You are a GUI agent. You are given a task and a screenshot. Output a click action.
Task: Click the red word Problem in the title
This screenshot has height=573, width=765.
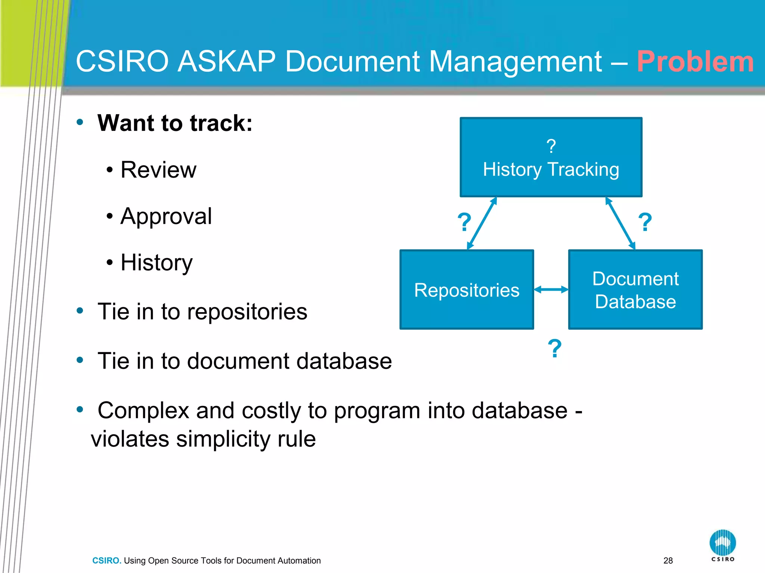pos(695,62)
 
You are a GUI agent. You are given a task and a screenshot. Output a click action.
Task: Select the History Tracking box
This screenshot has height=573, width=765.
pos(551,157)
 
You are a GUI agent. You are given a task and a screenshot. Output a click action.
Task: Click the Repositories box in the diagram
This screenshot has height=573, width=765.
pos(467,290)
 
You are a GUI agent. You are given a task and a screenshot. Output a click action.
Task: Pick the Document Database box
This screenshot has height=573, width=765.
pos(635,290)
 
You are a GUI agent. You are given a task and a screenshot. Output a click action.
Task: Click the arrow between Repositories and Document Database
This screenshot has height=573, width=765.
pos(551,289)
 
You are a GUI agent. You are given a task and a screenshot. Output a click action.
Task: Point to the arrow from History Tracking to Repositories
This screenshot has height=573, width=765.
pos(482,223)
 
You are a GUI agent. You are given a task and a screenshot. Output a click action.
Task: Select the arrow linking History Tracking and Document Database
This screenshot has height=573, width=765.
pos(620,223)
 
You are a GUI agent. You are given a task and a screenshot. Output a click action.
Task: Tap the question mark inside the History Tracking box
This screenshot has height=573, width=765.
pos(551,146)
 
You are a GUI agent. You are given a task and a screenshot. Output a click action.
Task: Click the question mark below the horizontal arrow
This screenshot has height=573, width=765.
pos(555,349)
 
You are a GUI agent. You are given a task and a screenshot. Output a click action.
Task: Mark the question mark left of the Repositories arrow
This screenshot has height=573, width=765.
pos(464,222)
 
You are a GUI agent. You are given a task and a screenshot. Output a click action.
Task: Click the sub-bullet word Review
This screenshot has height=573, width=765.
pos(158,170)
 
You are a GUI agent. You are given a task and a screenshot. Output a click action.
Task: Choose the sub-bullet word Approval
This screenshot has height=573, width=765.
pos(166,216)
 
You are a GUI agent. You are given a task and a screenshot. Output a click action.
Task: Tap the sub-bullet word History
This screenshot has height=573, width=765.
pos(157,263)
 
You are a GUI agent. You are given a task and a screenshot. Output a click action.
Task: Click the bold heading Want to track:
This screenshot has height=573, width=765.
pos(175,123)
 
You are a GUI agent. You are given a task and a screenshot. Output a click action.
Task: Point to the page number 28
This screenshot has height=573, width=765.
pos(668,561)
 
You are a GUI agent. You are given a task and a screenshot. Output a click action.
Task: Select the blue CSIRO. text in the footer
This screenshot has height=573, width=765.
pos(107,561)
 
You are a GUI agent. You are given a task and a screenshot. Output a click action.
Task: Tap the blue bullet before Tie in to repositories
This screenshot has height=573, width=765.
pos(80,311)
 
